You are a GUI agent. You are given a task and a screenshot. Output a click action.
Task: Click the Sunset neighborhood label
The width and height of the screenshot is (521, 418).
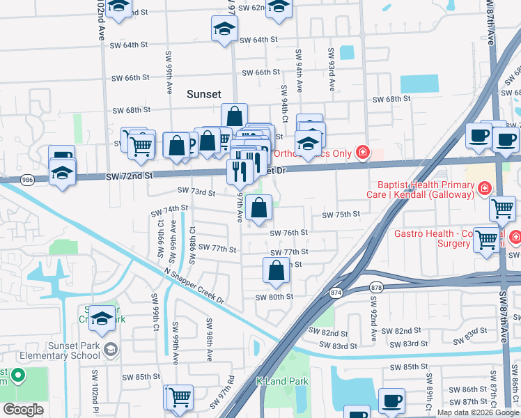tap(204, 94)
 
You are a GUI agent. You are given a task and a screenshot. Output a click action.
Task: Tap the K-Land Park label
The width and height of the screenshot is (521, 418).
tap(282, 382)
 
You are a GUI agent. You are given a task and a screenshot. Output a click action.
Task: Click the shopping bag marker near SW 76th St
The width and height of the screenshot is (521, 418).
tap(258, 208)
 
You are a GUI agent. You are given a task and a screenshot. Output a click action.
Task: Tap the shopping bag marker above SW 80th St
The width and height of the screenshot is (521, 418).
tap(277, 270)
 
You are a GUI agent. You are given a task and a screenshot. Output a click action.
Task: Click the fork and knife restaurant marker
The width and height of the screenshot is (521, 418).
tap(240, 170)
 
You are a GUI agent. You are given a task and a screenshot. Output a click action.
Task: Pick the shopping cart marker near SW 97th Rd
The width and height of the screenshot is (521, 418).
tap(178, 396)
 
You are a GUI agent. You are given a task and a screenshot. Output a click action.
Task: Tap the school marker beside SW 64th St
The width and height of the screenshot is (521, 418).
tap(224, 29)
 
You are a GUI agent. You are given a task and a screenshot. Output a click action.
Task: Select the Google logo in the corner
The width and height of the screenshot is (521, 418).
tap(24, 409)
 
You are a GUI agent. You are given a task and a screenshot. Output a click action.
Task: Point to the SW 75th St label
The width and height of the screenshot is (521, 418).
tap(340, 215)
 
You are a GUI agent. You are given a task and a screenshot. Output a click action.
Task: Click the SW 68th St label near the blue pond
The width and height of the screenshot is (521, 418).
tap(391, 99)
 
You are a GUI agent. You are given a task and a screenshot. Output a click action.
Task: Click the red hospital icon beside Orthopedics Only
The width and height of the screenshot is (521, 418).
tap(361, 153)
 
